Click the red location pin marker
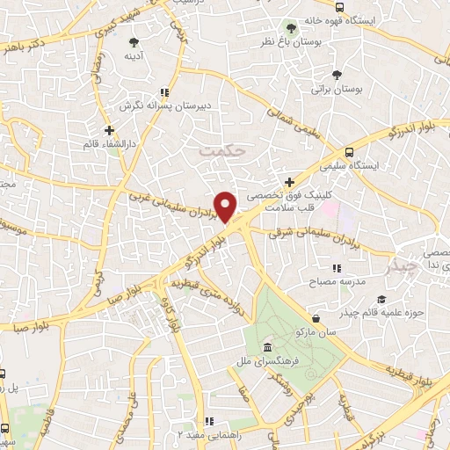click(x=226, y=206)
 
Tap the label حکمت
click(x=219, y=150)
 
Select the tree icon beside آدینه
click(x=134, y=41)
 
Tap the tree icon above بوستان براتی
click(x=337, y=76)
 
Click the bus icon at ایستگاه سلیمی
click(x=351, y=151)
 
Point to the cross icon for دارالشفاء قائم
click(x=109, y=130)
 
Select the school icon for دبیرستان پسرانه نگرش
click(x=163, y=91)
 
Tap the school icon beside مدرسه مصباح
click(x=335, y=268)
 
